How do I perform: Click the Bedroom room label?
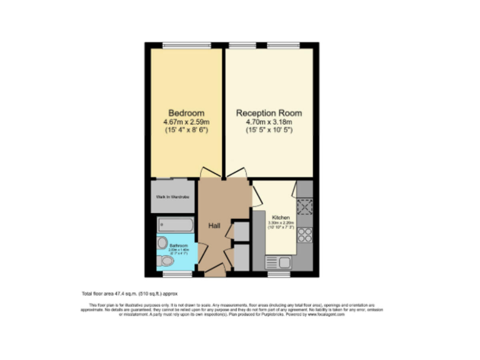click(186, 113)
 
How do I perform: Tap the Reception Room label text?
click(269, 113)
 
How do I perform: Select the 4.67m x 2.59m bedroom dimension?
click(186, 122)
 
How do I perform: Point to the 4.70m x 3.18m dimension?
click(269, 122)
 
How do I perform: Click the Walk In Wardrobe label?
click(173, 197)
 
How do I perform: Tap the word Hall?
click(214, 226)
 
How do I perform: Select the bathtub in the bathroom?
click(175, 224)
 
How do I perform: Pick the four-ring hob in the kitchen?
click(306, 235)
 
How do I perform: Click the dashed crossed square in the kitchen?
click(306, 206)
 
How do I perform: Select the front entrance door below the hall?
click(214, 270)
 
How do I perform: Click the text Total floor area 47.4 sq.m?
click(126, 293)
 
